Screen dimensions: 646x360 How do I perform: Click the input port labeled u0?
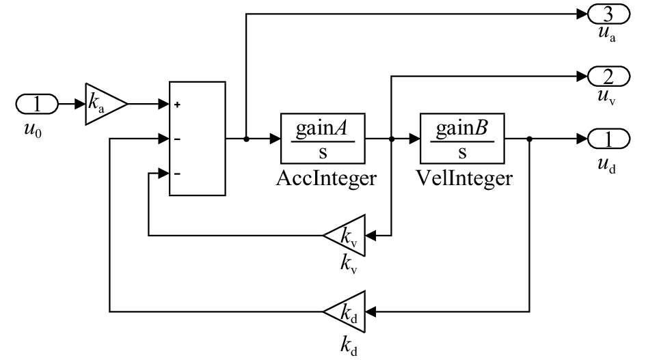[x=37, y=104]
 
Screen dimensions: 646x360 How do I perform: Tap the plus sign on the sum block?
[x=177, y=105]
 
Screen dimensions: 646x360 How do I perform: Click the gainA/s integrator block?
[x=323, y=139]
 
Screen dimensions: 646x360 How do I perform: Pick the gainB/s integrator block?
[x=462, y=139]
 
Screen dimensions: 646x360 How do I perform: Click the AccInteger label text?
[x=326, y=179]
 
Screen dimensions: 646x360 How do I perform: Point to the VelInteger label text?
[x=464, y=179]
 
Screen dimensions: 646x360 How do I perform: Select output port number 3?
[x=608, y=14]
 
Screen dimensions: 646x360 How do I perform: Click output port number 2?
[x=608, y=77]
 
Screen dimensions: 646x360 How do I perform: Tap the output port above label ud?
[x=608, y=139]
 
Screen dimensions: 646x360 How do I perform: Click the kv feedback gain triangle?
[x=345, y=236]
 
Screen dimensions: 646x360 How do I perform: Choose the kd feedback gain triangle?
[x=345, y=311]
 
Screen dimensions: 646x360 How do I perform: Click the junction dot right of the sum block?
[x=246, y=139]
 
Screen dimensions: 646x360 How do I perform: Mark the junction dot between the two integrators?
[x=392, y=139]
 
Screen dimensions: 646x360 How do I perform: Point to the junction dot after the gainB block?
[x=529, y=139]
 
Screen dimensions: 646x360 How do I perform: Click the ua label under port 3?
[x=607, y=34]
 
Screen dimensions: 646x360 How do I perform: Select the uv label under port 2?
[x=607, y=97]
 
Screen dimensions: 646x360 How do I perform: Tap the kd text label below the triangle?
[x=349, y=346]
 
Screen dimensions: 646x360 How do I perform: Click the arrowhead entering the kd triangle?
[x=371, y=311]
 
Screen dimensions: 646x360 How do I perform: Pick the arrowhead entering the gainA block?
[x=275, y=139]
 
